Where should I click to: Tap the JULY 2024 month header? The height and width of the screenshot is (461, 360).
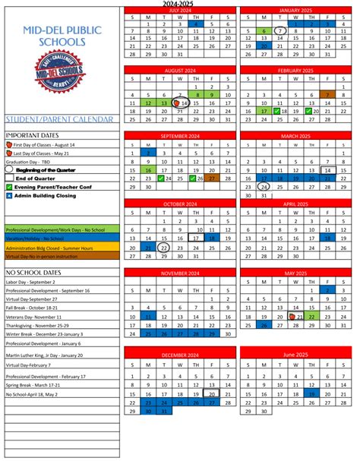180,10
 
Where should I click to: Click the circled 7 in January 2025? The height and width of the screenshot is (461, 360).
281,31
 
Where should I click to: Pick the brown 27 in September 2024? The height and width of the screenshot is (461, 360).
213,178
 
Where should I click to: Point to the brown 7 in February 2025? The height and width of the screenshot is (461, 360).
329,94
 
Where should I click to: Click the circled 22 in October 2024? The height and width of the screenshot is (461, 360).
163,248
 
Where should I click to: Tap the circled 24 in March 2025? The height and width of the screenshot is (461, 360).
264,187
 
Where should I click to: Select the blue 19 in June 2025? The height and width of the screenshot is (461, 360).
312,393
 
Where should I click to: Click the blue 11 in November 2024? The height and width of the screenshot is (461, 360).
148,316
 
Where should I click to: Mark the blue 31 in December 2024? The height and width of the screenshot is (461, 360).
163,411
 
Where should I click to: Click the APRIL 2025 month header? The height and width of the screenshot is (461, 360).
297,204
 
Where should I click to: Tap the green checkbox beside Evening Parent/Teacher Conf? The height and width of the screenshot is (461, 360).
10,185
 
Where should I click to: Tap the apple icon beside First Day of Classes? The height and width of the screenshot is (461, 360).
10,143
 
